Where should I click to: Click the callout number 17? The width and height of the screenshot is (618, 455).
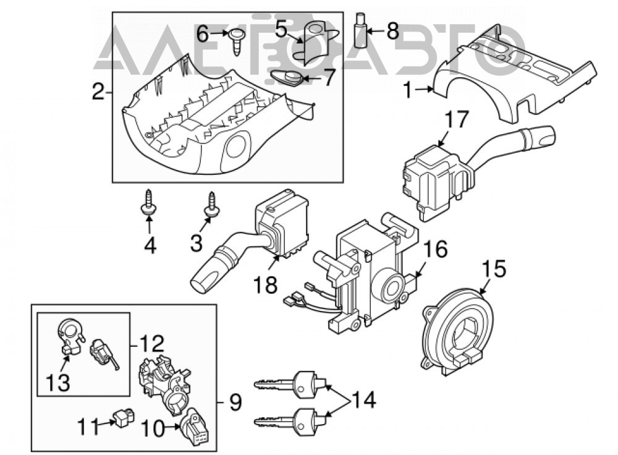pyautogui.click(x=457, y=119)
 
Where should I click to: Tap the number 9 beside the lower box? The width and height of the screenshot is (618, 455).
pyautogui.click(x=235, y=402)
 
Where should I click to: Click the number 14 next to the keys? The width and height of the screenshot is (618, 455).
pyautogui.click(x=363, y=401)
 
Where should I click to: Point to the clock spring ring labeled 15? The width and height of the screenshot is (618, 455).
pyautogui.click(x=457, y=330)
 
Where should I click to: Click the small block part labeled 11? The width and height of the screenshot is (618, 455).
pyautogui.click(x=123, y=417)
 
